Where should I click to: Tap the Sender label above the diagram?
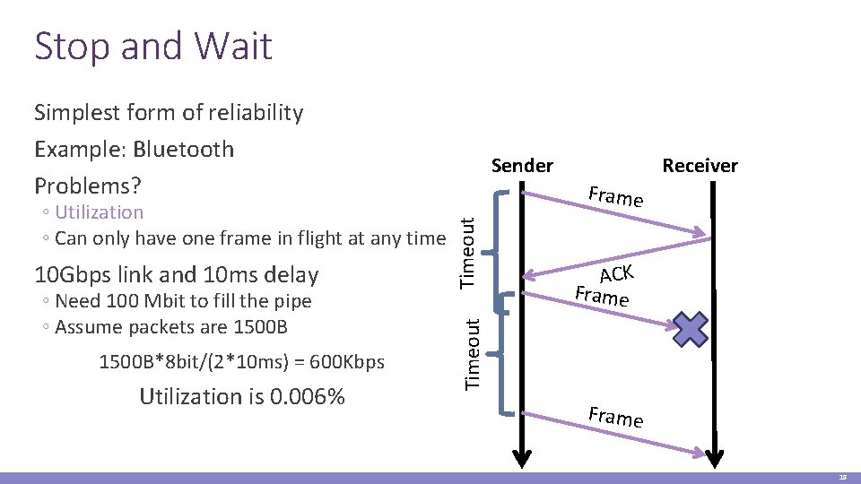point(522,165)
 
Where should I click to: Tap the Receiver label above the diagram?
point(700,165)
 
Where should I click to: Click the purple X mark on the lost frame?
point(691,329)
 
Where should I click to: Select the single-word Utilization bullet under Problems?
point(99,212)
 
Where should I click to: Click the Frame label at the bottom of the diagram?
point(615,417)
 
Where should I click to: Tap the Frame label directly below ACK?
point(602,296)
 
